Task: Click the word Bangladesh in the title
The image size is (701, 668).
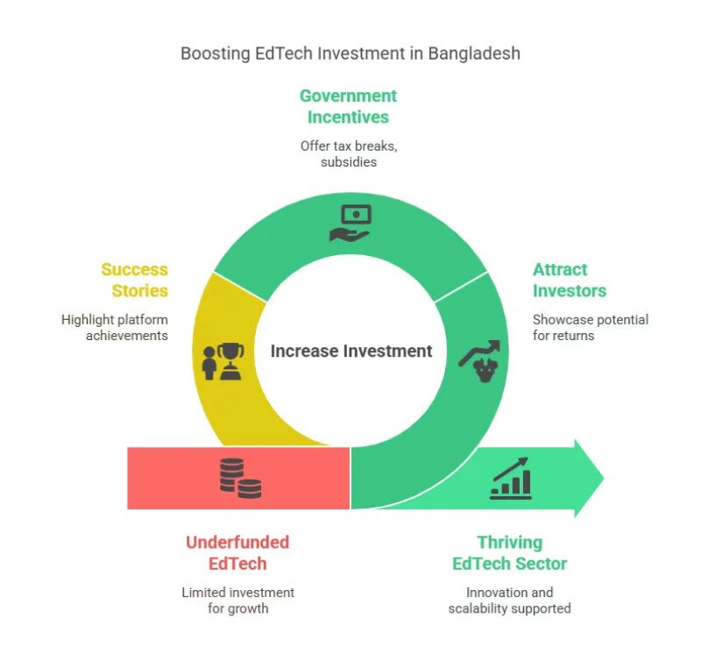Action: [474, 53]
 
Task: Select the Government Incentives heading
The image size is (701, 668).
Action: [348, 106]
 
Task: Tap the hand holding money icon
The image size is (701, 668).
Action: [350, 224]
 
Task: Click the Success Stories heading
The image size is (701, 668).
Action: [135, 280]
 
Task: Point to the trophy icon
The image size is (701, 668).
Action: [223, 362]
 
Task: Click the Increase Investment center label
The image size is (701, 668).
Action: [351, 351]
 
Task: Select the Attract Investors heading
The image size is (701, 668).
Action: [570, 280]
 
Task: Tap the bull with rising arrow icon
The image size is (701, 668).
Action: [479, 361]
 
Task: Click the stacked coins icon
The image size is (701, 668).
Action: [240, 478]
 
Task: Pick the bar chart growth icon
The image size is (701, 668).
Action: [511, 478]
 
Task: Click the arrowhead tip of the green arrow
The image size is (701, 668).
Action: [604, 478]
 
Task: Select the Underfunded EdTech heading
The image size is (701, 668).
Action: [237, 552]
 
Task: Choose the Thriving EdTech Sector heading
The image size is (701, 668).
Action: [510, 552]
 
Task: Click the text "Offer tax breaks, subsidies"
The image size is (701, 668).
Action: [349, 153]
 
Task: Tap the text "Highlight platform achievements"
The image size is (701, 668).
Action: [115, 327]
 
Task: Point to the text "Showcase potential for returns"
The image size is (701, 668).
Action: [591, 327]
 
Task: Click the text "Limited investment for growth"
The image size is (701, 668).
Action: [237, 600]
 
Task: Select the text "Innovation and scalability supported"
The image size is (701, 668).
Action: [510, 600]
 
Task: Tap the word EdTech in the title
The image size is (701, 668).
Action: [284, 53]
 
